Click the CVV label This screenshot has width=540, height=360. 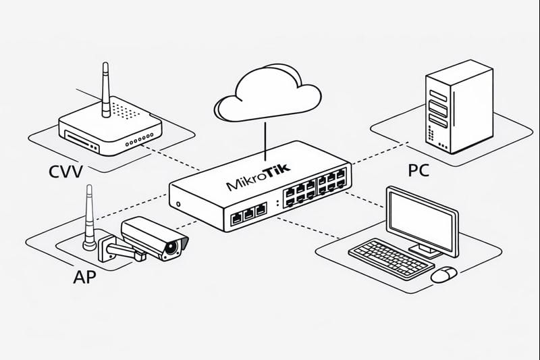click(x=65, y=172)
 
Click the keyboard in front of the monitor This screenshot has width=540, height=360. click(x=391, y=257)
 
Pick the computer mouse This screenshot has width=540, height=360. click(x=444, y=273)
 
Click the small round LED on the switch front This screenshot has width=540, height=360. click(x=178, y=204)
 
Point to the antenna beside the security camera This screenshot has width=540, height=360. click(x=87, y=216)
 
